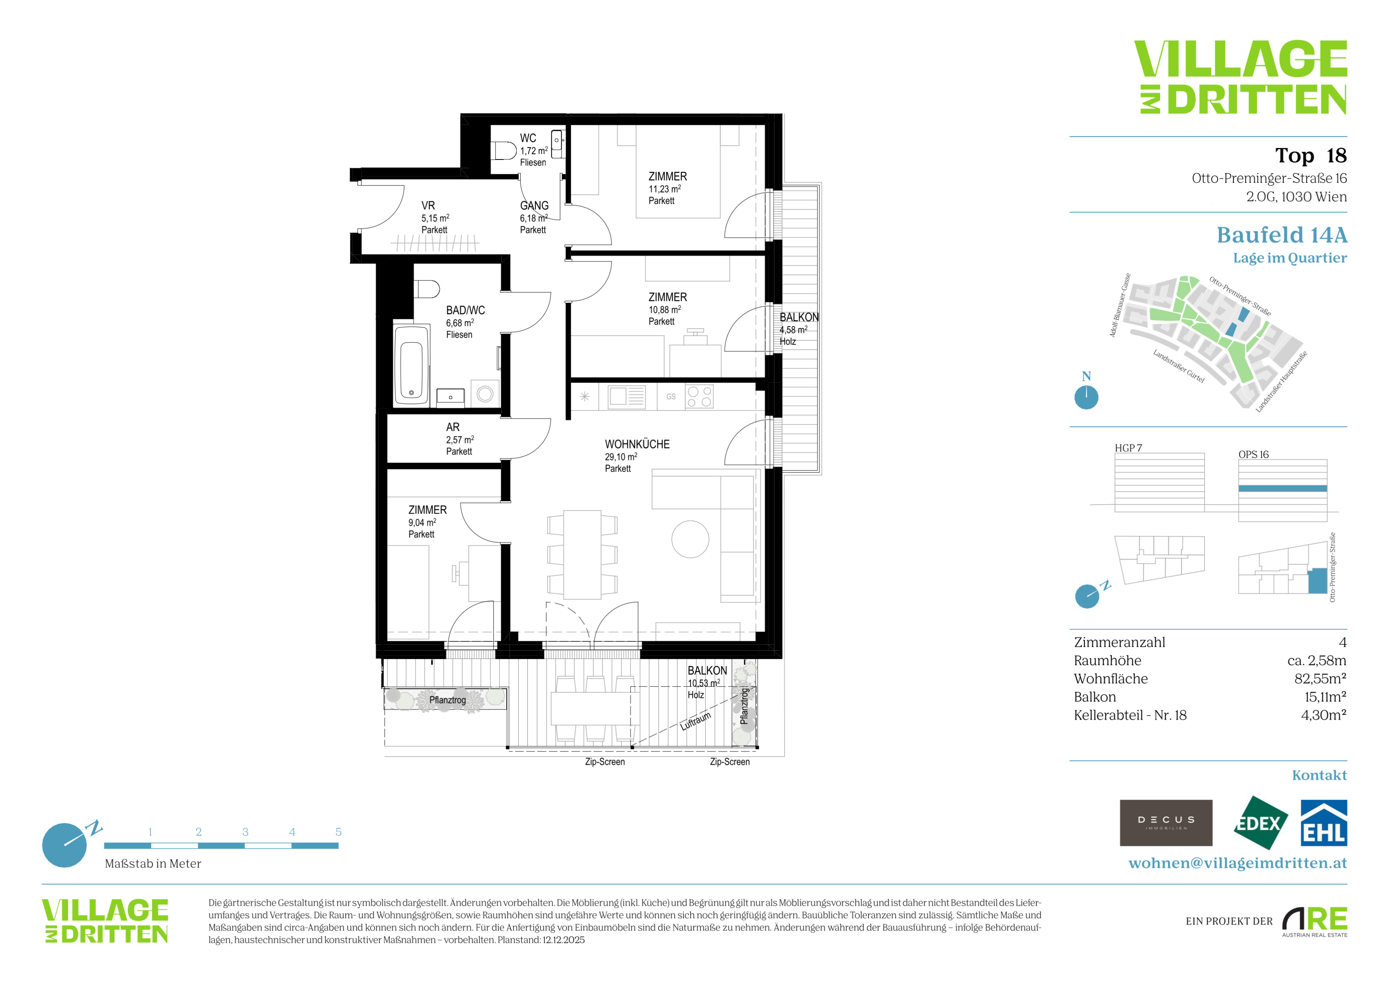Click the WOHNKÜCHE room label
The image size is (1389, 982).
pos(637,444)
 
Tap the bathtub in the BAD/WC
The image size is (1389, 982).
pos(412,365)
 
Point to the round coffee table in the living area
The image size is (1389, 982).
pos(690,539)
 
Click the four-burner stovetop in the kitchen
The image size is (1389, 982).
pos(699,397)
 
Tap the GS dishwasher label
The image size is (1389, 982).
pos(671,397)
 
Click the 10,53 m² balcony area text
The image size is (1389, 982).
pos(704,683)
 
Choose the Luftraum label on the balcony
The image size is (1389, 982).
pos(696,721)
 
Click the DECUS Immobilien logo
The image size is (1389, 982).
pos(1166,823)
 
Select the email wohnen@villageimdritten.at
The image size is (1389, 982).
pos(1237,863)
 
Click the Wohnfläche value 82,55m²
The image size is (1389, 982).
pos(1320,678)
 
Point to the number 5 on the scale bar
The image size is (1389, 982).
pos(338,832)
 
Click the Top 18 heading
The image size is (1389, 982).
pos(1311,156)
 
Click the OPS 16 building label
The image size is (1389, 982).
pos(1254,455)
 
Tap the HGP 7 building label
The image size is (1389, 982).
pos(1128,448)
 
